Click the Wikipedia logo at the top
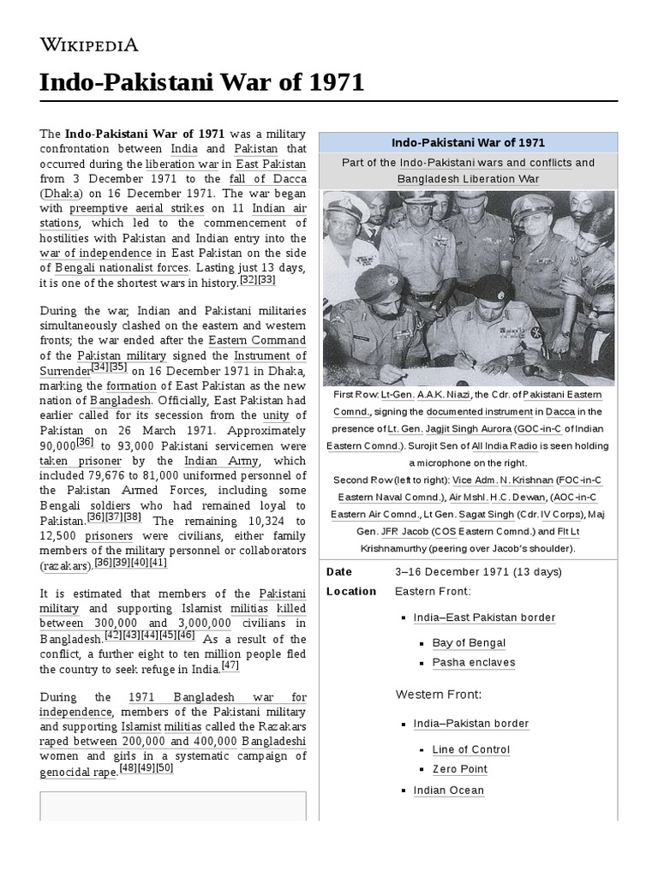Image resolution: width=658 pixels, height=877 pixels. tap(89, 45)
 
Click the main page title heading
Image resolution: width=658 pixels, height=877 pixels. tap(202, 83)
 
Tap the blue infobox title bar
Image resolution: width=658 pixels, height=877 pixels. tap(468, 143)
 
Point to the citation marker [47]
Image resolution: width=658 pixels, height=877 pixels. tap(230, 665)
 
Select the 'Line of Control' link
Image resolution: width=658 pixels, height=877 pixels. tap(471, 750)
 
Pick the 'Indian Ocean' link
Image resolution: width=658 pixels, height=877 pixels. tap(448, 790)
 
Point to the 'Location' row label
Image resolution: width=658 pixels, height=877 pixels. tap(351, 592)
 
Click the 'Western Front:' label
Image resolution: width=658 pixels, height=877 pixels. tap(439, 695)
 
